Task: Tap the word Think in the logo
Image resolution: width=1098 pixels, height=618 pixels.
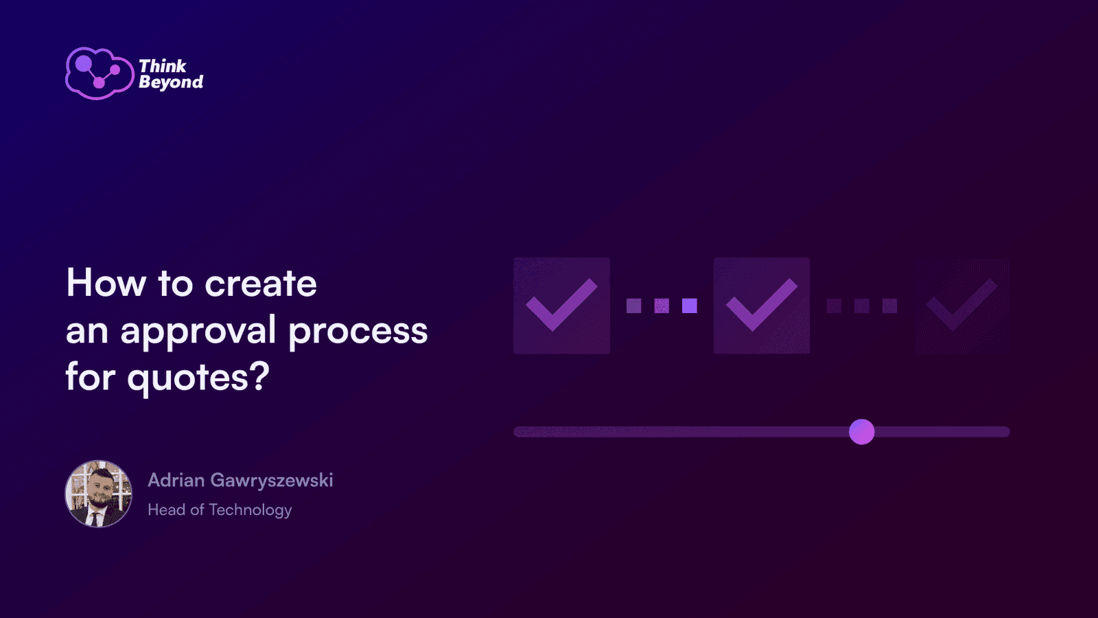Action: click(163, 66)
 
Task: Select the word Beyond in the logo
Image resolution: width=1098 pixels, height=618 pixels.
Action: click(171, 82)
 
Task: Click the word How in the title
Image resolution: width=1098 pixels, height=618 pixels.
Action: click(106, 283)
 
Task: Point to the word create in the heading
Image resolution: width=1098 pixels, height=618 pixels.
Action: click(261, 284)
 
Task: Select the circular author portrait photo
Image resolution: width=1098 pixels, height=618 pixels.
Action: click(99, 494)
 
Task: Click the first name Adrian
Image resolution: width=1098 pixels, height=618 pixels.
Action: click(176, 480)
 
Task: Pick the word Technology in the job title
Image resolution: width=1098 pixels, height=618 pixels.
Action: click(250, 511)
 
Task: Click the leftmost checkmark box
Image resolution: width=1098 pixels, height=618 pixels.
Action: click(562, 306)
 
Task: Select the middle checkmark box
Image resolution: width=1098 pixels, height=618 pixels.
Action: click(762, 306)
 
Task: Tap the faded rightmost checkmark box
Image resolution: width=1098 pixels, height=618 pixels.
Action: click(962, 306)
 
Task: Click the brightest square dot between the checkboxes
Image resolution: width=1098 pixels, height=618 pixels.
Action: click(690, 306)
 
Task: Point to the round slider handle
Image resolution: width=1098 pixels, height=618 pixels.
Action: click(862, 432)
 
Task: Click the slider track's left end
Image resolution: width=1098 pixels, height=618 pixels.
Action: click(515, 432)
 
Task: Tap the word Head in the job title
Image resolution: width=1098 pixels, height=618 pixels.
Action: click(167, 510)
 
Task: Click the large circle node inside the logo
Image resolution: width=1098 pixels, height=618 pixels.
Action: click(84, 63)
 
